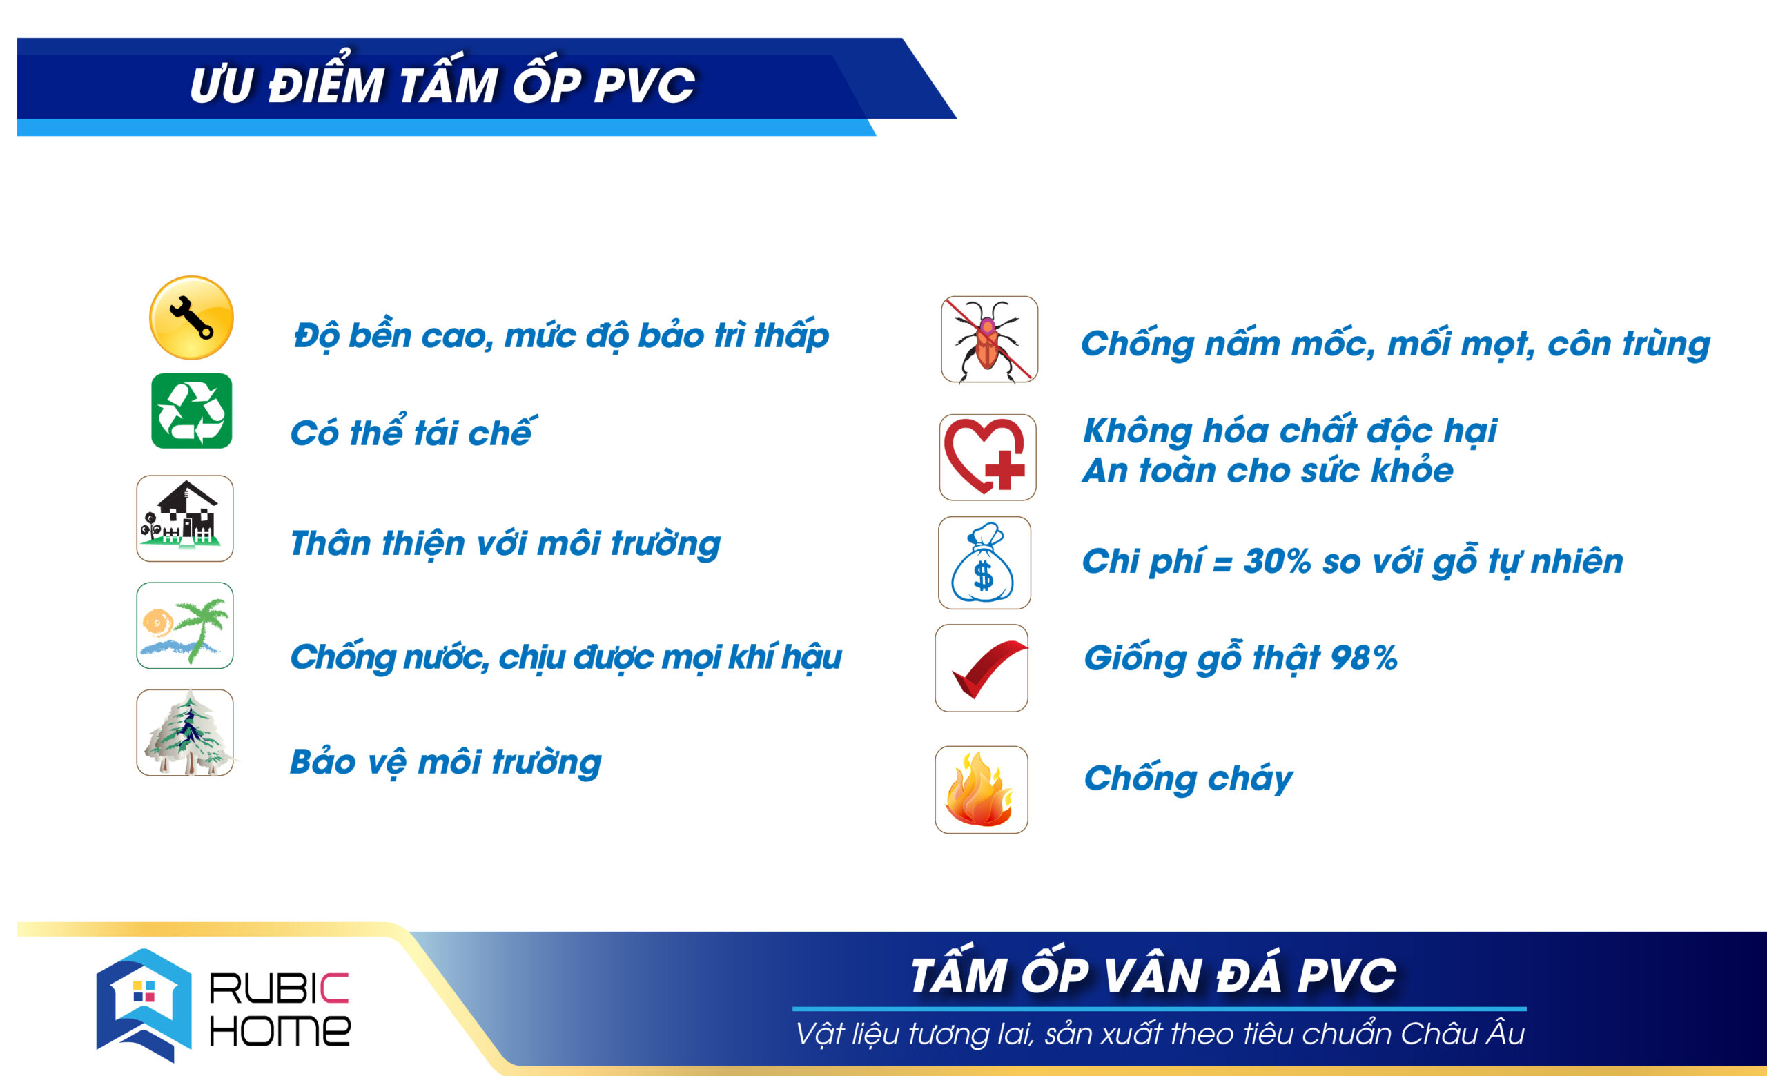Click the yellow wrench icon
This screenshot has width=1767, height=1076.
click(191, 317)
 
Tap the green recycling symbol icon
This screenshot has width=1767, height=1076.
click(191, 411)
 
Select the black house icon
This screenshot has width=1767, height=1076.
click(185, 518)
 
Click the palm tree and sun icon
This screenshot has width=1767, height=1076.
click(185, 625)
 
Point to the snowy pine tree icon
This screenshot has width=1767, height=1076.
click(185, 732)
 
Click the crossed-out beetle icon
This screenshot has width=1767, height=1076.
click(990, 339)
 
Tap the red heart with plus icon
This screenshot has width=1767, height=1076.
click(988, 458)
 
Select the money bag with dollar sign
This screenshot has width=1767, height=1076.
click(984, 563)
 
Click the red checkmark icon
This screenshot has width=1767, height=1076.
click(981, 668)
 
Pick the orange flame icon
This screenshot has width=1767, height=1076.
click(981, 790)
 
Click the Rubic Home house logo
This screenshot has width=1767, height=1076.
click(144, 1004)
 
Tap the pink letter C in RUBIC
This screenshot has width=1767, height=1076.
click(333, 988)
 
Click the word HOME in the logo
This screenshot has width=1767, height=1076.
click(280, 1030)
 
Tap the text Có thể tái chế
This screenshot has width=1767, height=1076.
click(413, 431)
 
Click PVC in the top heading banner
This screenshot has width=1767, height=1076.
click(644, 86)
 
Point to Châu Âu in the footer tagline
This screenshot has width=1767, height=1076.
click(1463, 1033)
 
